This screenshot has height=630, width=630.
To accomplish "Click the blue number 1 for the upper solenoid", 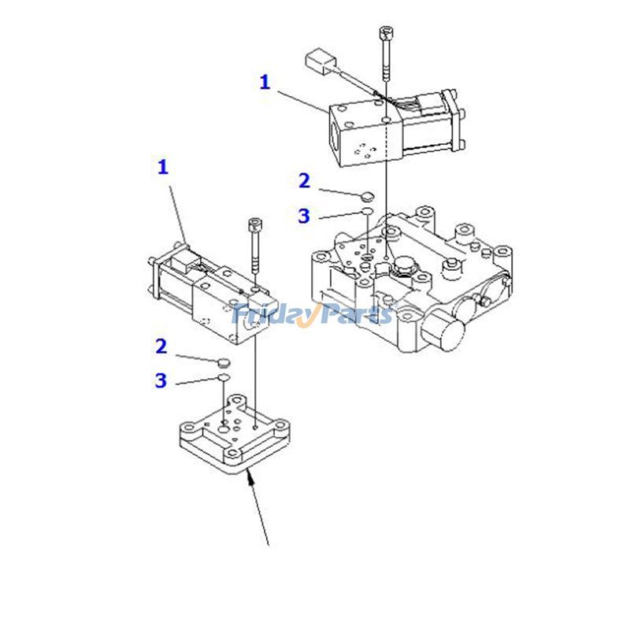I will coord(265,82).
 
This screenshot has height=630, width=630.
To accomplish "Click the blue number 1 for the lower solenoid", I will coord(163,167).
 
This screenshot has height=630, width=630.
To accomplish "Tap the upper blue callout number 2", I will coord(304,181).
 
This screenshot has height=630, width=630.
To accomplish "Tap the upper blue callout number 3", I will coord(304,216).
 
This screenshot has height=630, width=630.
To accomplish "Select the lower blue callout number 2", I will coord(161,346).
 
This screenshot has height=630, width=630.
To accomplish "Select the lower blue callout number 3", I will coord(161,381).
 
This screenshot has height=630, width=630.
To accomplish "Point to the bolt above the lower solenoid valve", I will coord(254,244).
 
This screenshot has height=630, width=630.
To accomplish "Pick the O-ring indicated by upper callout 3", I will coord(366,213).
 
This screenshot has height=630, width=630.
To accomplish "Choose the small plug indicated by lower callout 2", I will coord(223,361).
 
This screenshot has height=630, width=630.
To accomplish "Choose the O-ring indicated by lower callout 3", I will coord(223,378).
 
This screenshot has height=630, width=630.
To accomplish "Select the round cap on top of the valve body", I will coord(406,265).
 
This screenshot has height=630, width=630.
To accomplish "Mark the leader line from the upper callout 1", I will coord(303,100).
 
